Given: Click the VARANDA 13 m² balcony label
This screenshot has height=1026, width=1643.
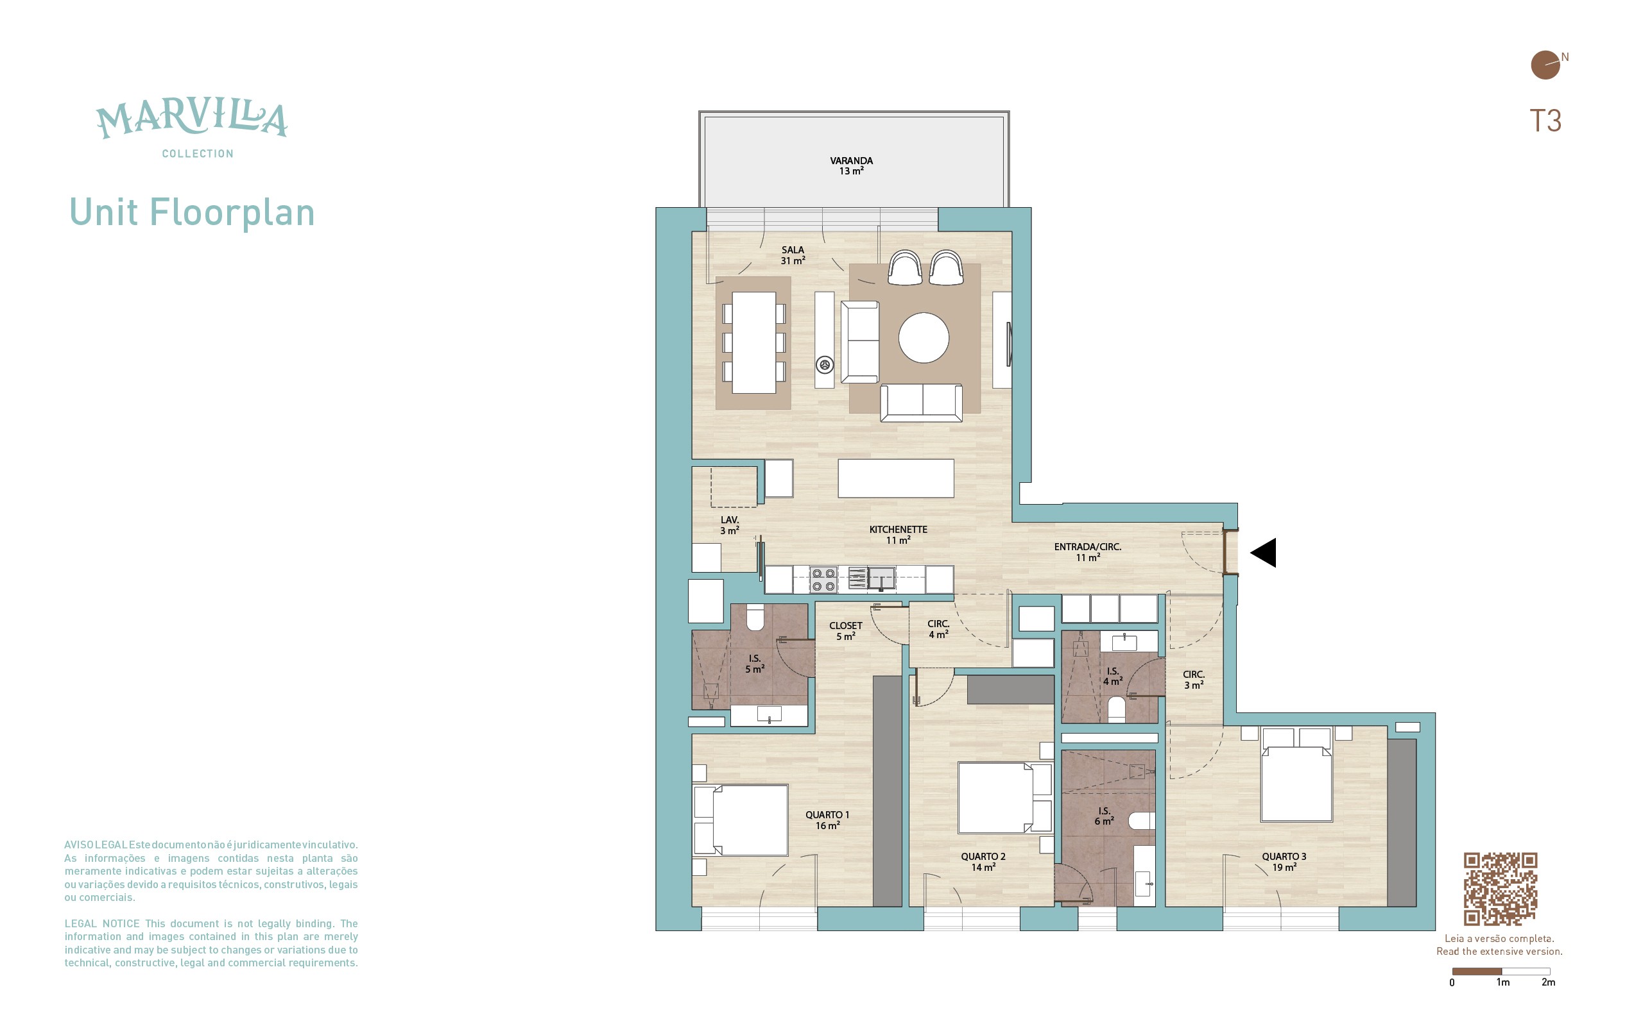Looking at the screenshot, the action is point(852,165).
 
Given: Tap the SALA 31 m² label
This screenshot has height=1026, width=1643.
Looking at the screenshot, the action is point(793,255).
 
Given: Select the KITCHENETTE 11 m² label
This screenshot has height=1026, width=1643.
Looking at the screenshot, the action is point(899,535).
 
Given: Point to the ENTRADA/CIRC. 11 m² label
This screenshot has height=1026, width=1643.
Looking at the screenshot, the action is point(1088,551).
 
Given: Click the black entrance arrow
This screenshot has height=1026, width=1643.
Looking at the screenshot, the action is point(1264,552).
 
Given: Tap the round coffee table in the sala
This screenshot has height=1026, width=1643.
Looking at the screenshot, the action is point(924,337).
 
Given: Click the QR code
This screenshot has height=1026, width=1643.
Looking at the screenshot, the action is point(1500,889).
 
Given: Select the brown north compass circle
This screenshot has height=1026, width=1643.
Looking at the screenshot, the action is point(1545,65).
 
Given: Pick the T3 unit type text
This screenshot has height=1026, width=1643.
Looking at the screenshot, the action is point(1545,121).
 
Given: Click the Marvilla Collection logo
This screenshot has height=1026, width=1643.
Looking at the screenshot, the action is point(192,130).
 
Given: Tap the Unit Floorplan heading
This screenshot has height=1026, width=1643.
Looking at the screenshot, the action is point(192,212).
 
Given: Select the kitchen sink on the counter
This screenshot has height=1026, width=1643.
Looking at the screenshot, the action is point(881,579).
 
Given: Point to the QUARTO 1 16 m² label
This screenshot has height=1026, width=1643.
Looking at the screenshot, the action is point(827,820).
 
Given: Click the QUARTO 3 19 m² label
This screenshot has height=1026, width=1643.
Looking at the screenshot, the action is point(1284,862).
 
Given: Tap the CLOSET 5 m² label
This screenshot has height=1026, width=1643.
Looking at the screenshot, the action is point(845,631).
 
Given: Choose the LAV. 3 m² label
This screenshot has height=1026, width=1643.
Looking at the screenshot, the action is point(730,525).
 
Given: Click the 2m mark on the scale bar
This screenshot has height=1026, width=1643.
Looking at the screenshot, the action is point(1549,982).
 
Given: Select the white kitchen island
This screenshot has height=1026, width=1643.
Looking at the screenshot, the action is point(895,478).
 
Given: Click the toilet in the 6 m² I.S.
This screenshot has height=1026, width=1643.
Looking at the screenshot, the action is point(1141,821).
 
